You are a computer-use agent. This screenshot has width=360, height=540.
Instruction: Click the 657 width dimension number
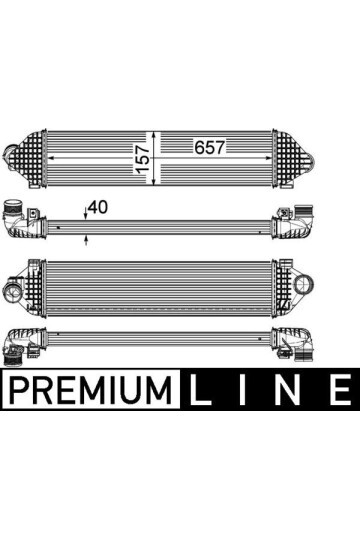(209, 147)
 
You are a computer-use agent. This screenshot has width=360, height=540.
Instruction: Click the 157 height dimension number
(142, 159)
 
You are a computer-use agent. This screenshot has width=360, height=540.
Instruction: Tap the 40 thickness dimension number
(98, 207)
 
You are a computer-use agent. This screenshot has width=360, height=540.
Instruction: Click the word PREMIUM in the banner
(91, 389)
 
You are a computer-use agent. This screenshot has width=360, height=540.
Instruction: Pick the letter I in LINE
(242, 389)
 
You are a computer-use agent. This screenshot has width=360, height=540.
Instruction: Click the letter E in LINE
(340, 389)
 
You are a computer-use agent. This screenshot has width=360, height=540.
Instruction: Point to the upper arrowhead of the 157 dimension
(154, 135)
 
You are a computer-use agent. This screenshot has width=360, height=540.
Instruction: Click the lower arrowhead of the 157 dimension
(154, 181)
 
